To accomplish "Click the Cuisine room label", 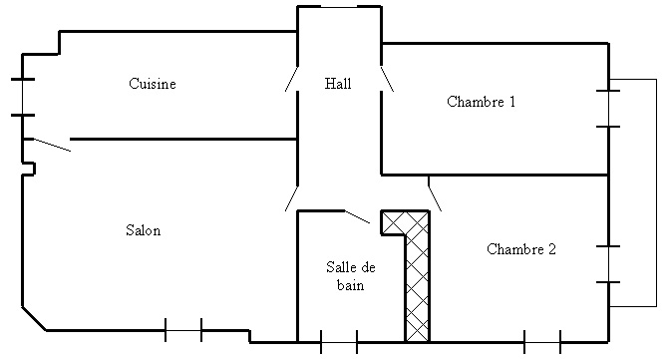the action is click(x=153, y=84).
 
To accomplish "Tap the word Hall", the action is click(x=338, y=84).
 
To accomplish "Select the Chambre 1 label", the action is click(x=482, y=102).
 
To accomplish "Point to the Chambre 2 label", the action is click(x=521, y=249).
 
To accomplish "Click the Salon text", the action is click(x=144, y=230).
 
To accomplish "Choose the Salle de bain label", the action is click(x=351, y=276).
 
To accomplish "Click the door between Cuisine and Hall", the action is click(x=291, y=79).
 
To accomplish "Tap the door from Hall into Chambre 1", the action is click(x=387, y=79).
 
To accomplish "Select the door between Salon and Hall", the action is click(x=291, y=198).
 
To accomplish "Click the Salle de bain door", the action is click(x=357, y=216).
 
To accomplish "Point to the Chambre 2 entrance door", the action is click(x=435, y=193).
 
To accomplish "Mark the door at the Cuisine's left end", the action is click(x=52, y=145).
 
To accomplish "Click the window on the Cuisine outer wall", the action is click(x=23, y=97).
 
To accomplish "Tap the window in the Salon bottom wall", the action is click(x=183, y=330).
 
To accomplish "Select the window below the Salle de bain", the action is click(x=339, y=342).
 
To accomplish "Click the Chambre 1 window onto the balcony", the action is click(x=608, y=109).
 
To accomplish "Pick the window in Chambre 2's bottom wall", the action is click(x=542, y=342).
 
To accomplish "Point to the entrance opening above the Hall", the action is click(x=339, y=7).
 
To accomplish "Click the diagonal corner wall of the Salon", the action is click(x=34, y=318).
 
